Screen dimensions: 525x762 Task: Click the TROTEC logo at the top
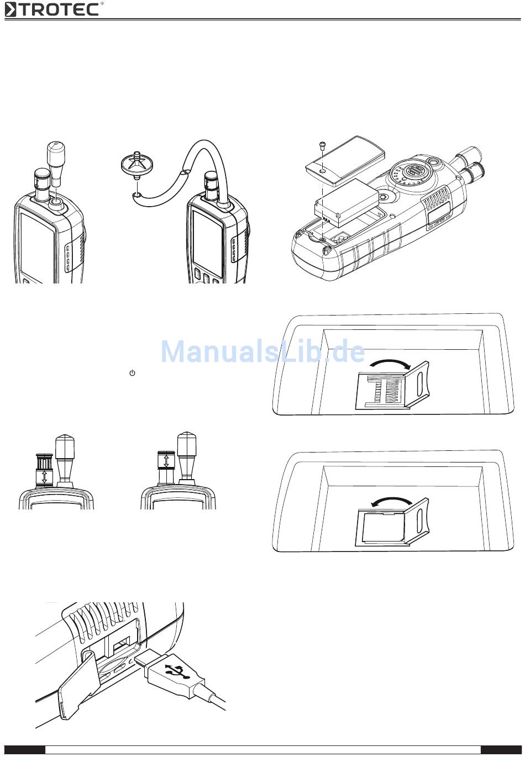pyautogui.click(x=53, y=9)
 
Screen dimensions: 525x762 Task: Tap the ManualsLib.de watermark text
pyautogui.click(x=262, y=351)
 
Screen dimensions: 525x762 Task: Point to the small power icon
pyautogui.click(x=132, y=373)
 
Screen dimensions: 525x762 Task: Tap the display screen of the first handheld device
pyautogui.click(x=36, y=243)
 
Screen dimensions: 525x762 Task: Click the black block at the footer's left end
pyautogui.click(x=25, y=750)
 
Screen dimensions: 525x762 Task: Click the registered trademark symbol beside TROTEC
pyautogui.click(x=102, y=3)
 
